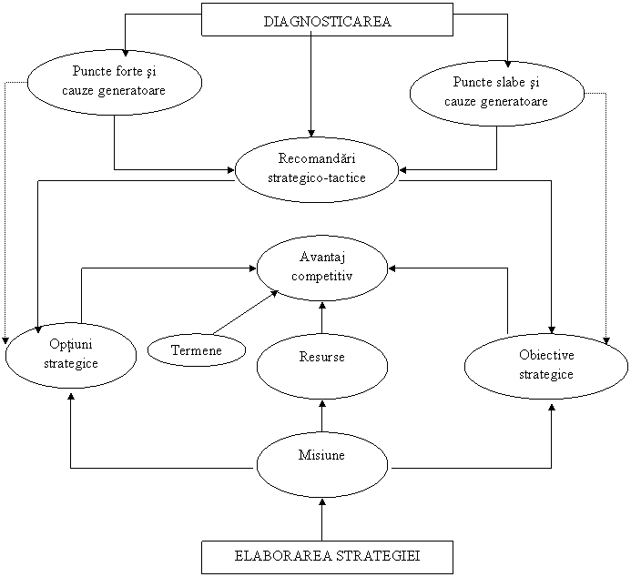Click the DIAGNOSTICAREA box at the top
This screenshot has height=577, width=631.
point(327,20)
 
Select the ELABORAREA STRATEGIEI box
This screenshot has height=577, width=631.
point(327,557)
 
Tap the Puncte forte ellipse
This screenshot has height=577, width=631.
point(114,81)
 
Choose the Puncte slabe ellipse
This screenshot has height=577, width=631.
point(496,92)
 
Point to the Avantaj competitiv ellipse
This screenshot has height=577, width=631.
point(321,268)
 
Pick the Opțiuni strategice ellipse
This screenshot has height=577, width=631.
point(71,354)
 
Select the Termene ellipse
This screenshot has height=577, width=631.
point(197,349)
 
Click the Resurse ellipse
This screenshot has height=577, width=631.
point(321,365)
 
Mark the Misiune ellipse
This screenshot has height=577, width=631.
point(321,463)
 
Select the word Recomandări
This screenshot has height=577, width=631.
point(317,160)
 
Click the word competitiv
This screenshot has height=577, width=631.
point(322,276)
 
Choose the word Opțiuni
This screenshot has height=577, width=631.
point(71,345)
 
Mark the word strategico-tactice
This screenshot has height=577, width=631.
point(317,177)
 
